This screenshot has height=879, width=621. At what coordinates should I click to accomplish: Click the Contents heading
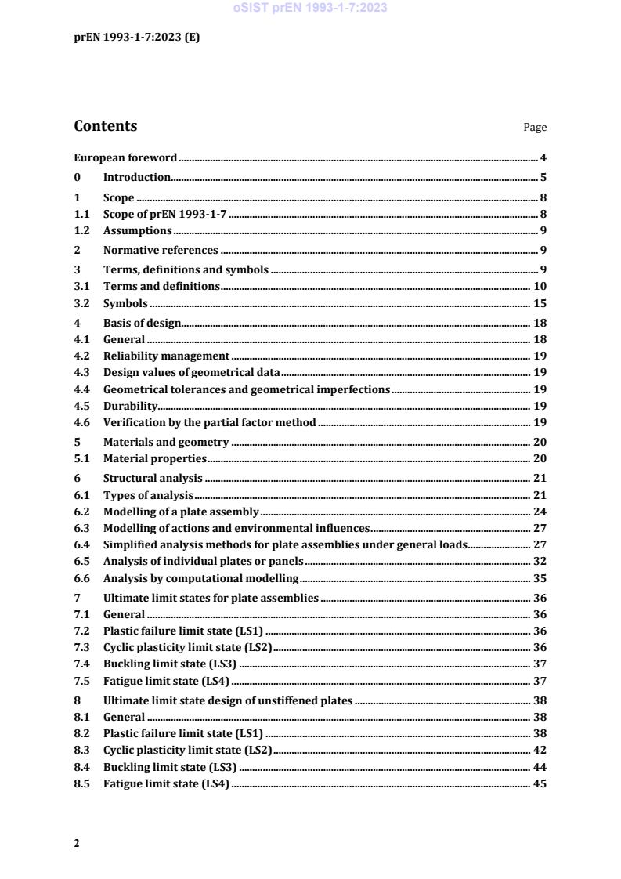tap(105, 126)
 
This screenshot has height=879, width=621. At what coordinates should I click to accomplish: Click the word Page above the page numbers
tap(535, 128)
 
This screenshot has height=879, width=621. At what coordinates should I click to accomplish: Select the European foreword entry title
tap(125, 157)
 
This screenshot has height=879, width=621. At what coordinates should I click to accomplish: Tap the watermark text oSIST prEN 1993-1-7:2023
tap(310, 8)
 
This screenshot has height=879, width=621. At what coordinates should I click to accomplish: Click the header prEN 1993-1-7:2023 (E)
tap(136, 37)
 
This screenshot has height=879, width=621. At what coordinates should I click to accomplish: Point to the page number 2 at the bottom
tap(77, 843)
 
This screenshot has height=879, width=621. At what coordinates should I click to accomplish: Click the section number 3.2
tap(81, 304)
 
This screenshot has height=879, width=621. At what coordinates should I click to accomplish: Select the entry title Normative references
tap(161, 251)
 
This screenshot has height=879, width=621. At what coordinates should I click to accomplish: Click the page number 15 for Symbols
tap(540, 304)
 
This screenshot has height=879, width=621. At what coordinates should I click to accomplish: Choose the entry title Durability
tap(131, 406)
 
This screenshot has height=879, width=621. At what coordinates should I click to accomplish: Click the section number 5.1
tap(81, 459)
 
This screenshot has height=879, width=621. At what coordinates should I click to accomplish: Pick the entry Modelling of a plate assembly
tap(181, 512)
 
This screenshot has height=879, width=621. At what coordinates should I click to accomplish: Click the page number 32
tap(540, 561)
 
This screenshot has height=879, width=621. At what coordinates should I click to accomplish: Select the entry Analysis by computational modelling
tap(201, 579)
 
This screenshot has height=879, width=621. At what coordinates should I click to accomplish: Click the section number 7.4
tap(81, 664)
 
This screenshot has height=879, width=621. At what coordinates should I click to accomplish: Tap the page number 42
tap(540, 751)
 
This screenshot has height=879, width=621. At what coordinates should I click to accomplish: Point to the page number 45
tap(540, 784)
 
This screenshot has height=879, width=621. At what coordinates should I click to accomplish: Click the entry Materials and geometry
tap(166, 443)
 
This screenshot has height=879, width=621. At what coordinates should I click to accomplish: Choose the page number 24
tap(540, 512)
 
